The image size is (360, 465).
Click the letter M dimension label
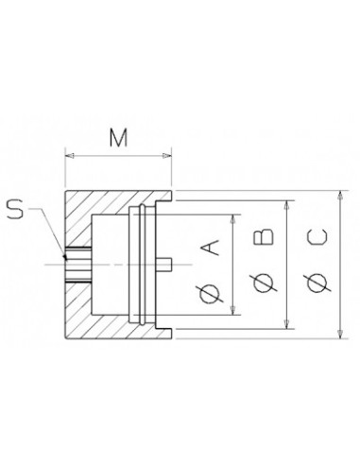[118, 138]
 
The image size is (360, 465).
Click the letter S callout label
[15, 210]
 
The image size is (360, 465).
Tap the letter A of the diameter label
[210, 248]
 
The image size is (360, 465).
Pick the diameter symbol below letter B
[264, 283]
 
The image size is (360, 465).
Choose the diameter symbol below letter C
[317, 283]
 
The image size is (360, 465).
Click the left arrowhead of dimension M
[69, 155]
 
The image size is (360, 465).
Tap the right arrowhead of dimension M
[167, 155]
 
